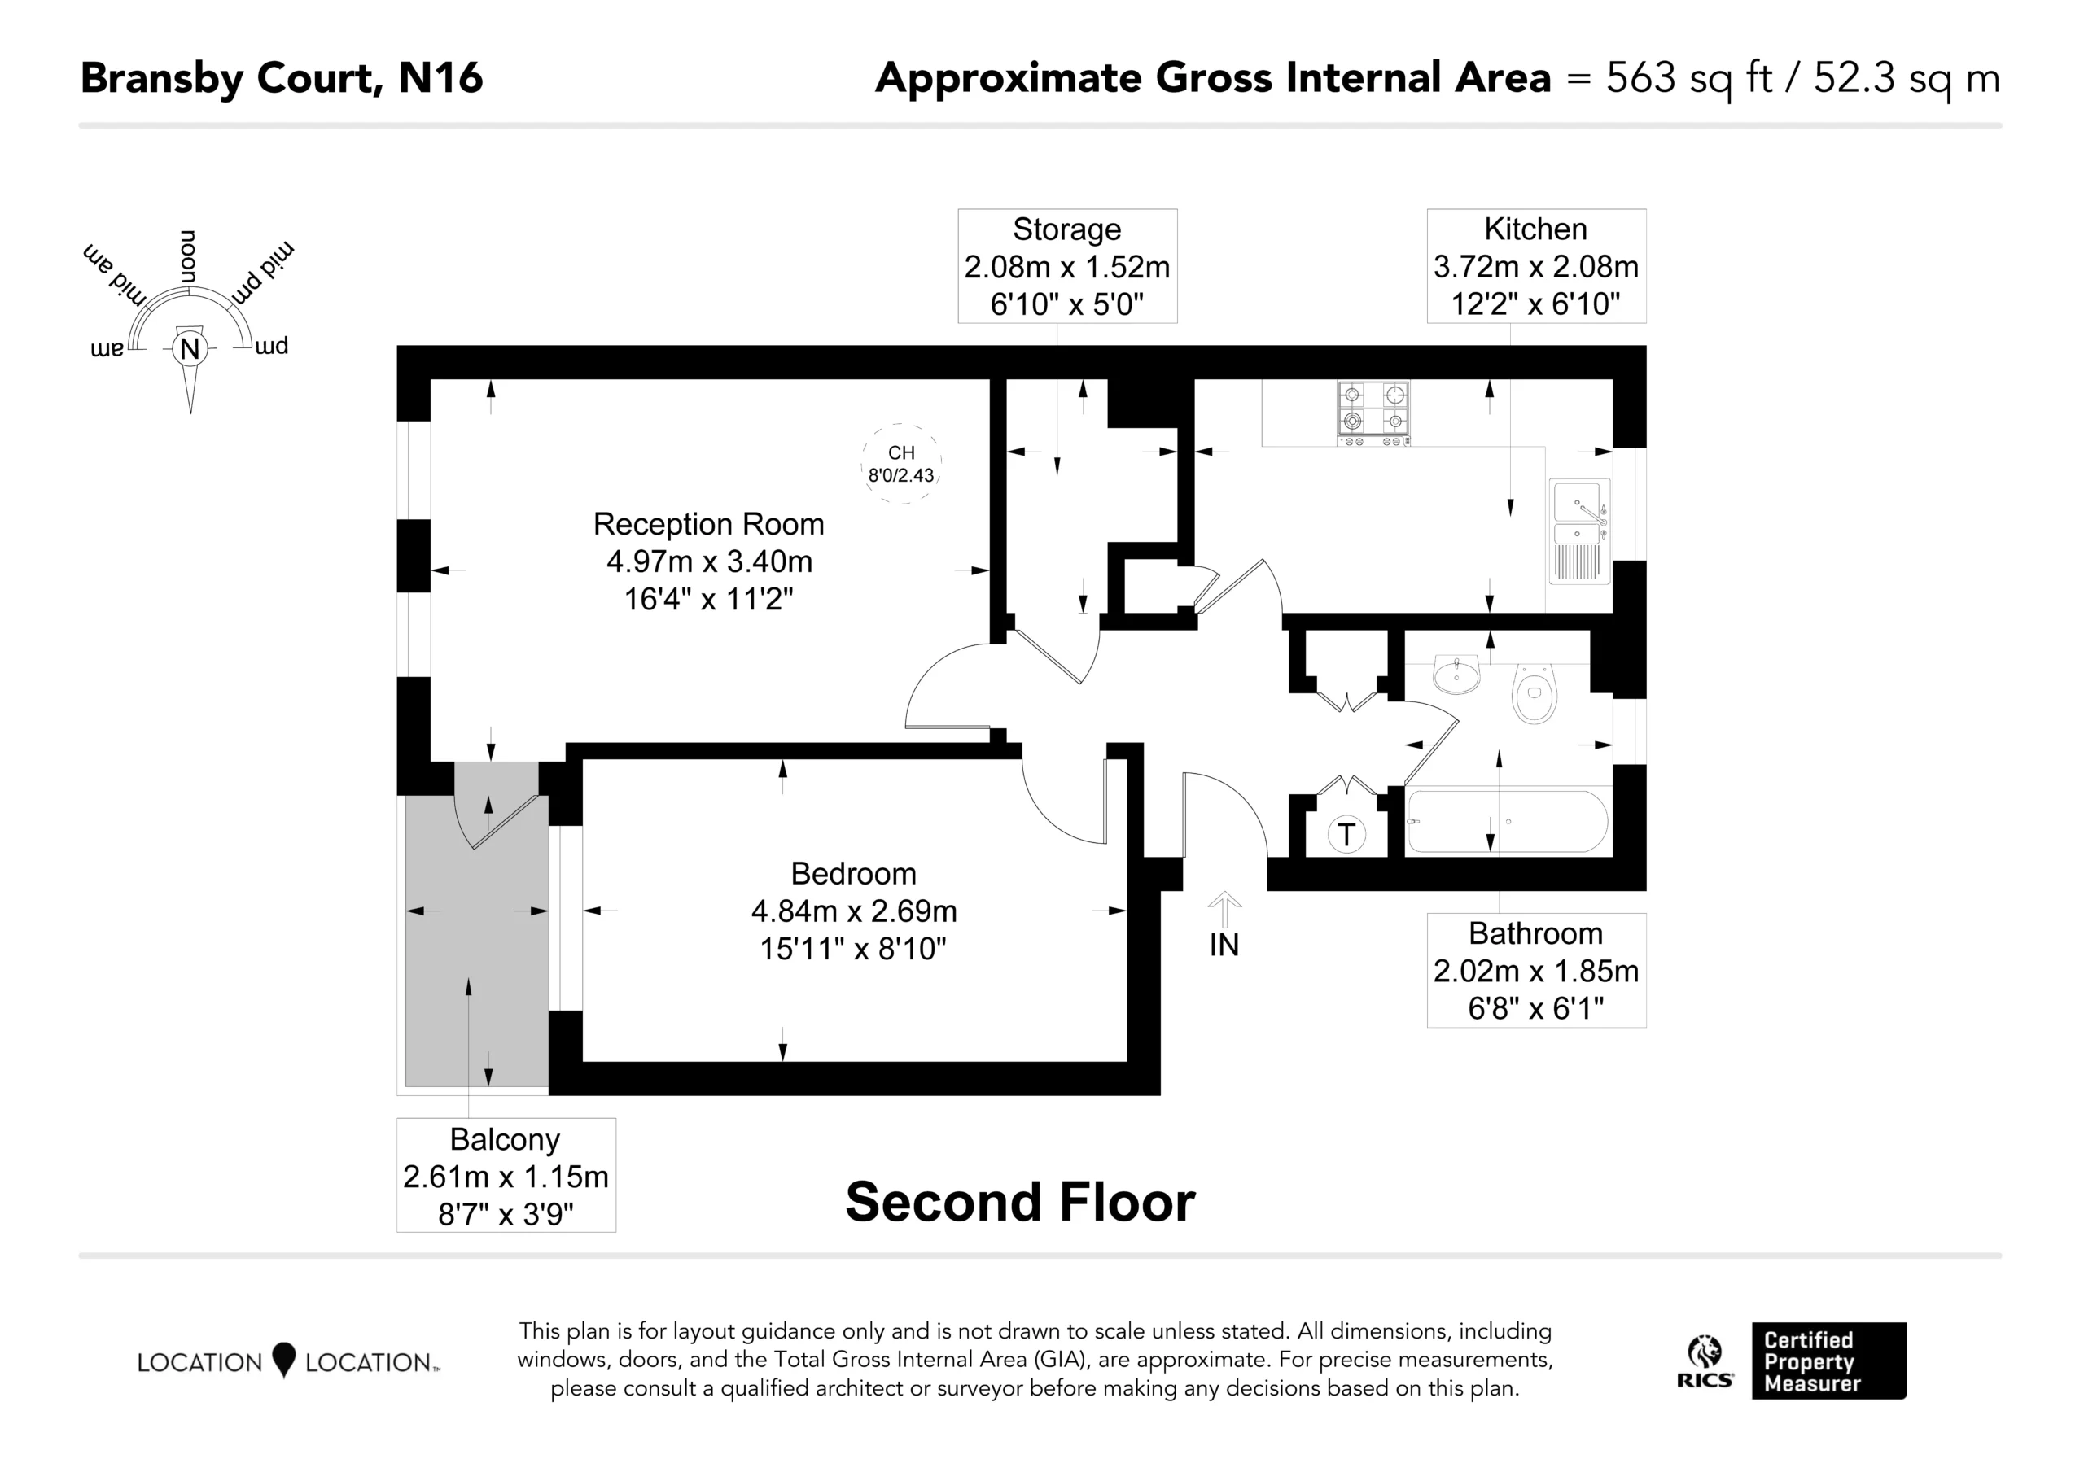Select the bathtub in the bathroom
tap(1507, 821)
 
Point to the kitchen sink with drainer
tap(1580, 531)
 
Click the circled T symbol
tap(1346, 834)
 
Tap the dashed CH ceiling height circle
tap(900, 464)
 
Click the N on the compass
tap(190, 349)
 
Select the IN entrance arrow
tap(1224, 910)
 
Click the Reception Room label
tap(709, 524)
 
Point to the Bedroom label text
tap(853, 873)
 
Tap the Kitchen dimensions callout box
tap(1536, 266)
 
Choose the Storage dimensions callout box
tap(1067, 266)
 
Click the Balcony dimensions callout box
tap(506, 1175)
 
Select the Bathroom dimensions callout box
tap(1536, 970)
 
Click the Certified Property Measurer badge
tap(1829, 1361)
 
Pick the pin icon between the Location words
tap(284, 1360)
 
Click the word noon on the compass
tap(188, 256)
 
